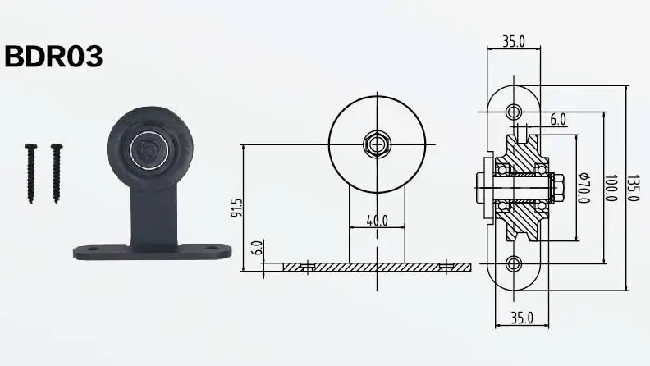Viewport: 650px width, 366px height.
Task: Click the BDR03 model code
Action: click(54, 57)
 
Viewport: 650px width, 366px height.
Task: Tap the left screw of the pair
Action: click(30, 172)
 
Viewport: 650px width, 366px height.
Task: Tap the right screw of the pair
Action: click(57, 172)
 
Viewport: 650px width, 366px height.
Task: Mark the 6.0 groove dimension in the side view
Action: click(558, 120)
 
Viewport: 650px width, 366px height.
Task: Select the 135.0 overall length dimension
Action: click(633, 188)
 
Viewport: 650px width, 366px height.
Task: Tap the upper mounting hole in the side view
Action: click(514, 111)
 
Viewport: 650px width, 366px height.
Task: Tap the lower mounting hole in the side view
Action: click(514, 263)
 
